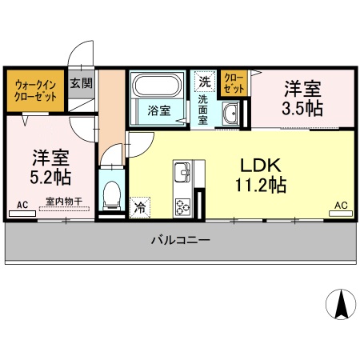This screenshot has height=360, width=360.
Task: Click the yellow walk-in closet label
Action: (34, 90)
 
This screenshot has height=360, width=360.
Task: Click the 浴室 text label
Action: (158, 110)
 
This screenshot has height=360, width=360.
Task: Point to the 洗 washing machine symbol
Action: (206, 81)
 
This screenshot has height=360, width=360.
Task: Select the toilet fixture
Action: (112, 194)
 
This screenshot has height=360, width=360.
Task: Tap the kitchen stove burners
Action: (183, 204)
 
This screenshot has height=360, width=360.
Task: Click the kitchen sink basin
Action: (182, 172)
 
